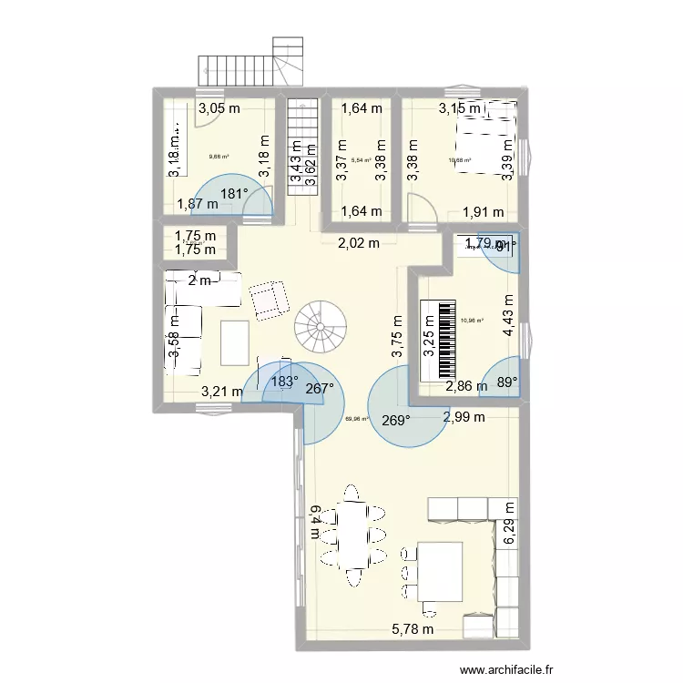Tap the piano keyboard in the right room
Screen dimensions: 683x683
coord(439,340)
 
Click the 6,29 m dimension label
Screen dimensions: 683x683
coord(509,525)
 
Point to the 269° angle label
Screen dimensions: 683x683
coord(395,420)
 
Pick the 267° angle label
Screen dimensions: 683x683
coord(320,388)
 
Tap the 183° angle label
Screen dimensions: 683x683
coord(284,382)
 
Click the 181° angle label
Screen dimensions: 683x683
coord(234,193)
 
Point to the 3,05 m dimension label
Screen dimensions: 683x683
coord(219,108)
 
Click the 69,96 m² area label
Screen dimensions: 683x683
coord(356,420)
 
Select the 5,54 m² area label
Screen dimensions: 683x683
coord(361,160)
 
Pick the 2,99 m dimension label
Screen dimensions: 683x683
coord(464,417)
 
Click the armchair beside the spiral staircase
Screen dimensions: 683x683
coord(267,301)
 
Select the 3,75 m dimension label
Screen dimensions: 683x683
coord(397,337)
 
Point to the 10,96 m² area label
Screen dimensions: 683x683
coord(473,320)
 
